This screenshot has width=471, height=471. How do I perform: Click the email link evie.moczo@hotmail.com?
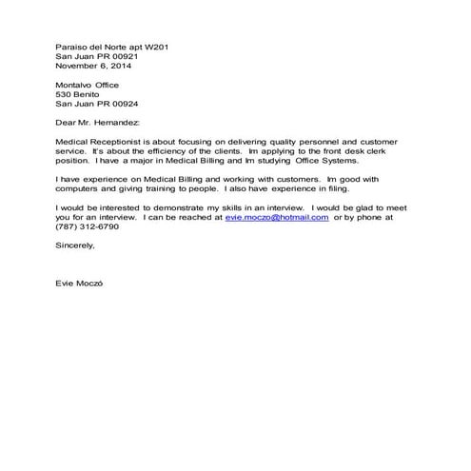point(277,218)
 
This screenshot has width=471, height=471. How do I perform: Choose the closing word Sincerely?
point(76,245)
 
